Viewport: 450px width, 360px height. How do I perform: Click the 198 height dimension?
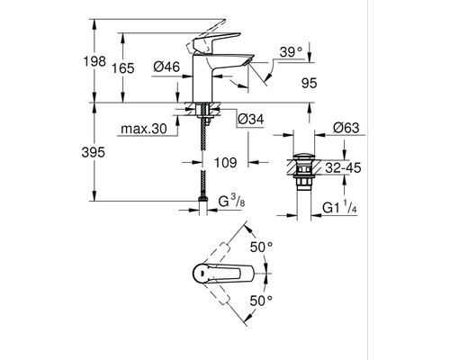click(94, 61)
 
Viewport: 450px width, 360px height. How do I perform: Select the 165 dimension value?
click(123, 68)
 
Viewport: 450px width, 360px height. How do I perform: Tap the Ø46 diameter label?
click(166, 67)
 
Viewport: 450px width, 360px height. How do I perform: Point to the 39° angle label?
click(291, 52)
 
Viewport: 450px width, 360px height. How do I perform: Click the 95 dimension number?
click(310, 83)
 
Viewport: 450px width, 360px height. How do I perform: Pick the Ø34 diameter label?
click(251, 120)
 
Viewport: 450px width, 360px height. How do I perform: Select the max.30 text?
click(144, 129)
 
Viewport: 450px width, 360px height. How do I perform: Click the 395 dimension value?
click(94, 152)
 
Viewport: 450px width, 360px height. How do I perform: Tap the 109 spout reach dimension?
click(226, 163)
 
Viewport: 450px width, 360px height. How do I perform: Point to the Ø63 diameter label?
click(346, 128)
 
